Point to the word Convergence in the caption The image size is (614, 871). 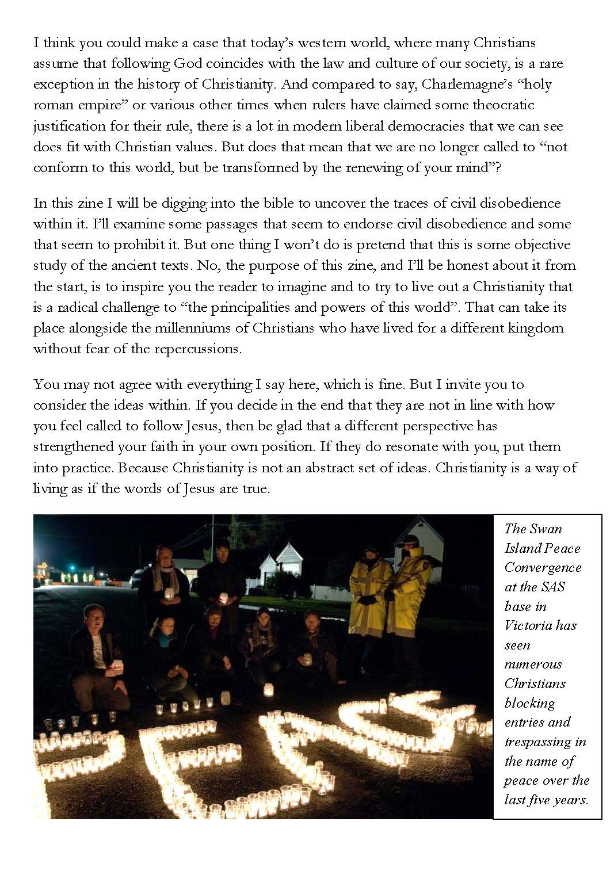[543, 567]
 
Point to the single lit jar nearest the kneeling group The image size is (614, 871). [268, 689]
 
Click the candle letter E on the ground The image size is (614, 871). [184, 759]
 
